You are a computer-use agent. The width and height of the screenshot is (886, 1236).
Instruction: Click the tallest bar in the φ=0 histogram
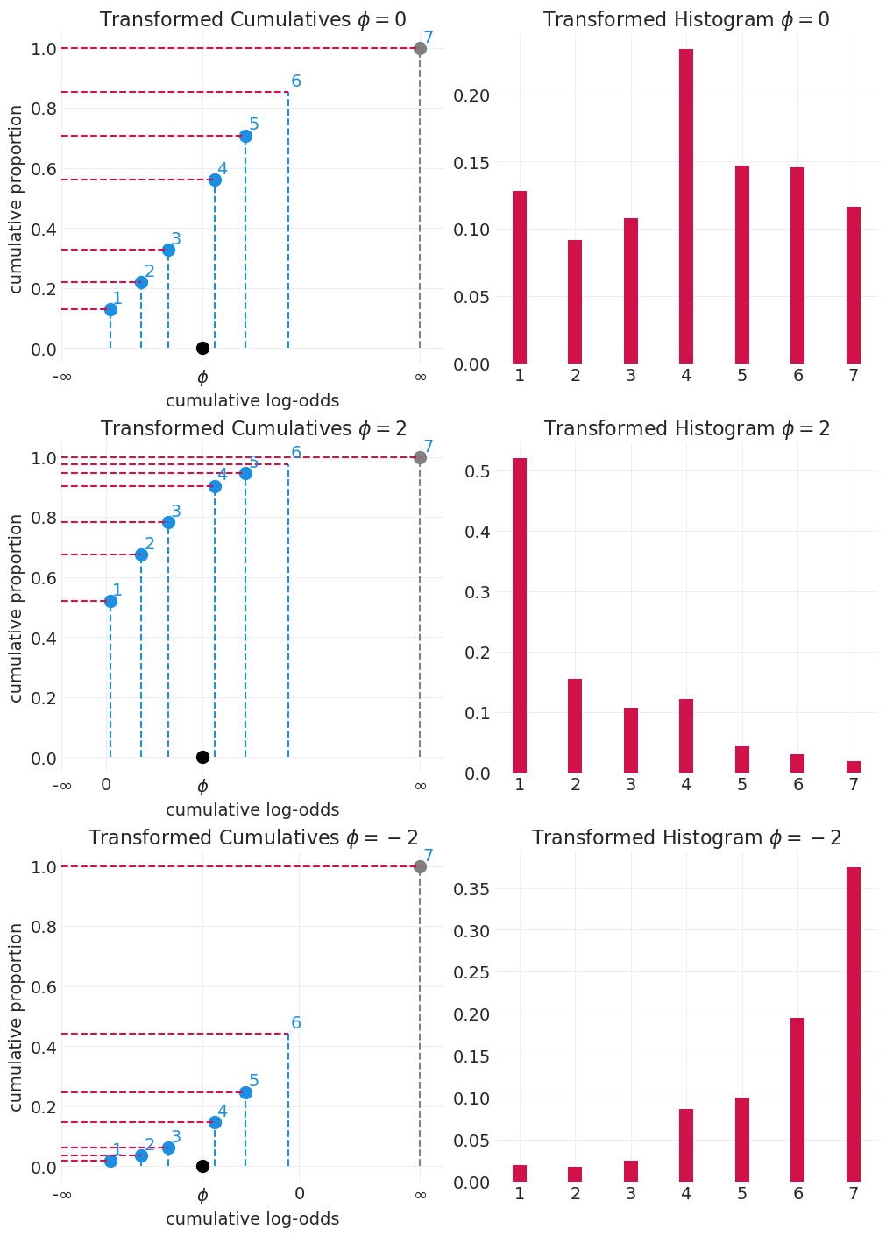(686, 206)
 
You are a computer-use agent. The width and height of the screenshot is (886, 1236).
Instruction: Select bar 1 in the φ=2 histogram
(520, 615)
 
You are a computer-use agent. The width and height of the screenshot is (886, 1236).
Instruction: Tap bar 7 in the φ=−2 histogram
(854, 1024)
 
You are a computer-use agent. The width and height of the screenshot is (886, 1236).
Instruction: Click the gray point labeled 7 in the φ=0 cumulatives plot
(420, 48)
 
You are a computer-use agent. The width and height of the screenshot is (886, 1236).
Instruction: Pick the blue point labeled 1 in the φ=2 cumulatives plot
(110, 601)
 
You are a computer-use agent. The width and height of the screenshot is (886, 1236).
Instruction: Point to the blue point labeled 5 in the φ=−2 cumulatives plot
(245, 1092)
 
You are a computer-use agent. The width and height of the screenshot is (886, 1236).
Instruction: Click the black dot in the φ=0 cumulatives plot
(202, 348)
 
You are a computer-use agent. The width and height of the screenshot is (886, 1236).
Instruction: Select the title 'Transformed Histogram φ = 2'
(686, 429)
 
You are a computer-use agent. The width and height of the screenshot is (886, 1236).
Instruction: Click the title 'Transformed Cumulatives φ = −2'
(252, 838)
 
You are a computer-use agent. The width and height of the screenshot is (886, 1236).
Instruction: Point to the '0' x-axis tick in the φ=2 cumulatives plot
(106, 785)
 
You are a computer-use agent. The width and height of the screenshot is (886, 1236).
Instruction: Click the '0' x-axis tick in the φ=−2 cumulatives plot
(300, 1194)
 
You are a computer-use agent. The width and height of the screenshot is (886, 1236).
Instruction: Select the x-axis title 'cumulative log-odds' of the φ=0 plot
(252, 401)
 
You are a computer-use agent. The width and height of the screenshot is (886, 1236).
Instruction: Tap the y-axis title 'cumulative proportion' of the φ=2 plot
(17, 608)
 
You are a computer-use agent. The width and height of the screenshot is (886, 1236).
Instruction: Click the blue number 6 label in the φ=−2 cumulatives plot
(296, 1023)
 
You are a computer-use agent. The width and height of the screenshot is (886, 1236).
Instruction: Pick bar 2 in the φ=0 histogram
(575, 301)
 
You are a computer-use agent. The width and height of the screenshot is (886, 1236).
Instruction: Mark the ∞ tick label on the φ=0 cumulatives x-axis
(420, 377)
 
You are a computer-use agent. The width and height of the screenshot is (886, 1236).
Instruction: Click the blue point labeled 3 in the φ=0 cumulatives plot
(168, 250)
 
